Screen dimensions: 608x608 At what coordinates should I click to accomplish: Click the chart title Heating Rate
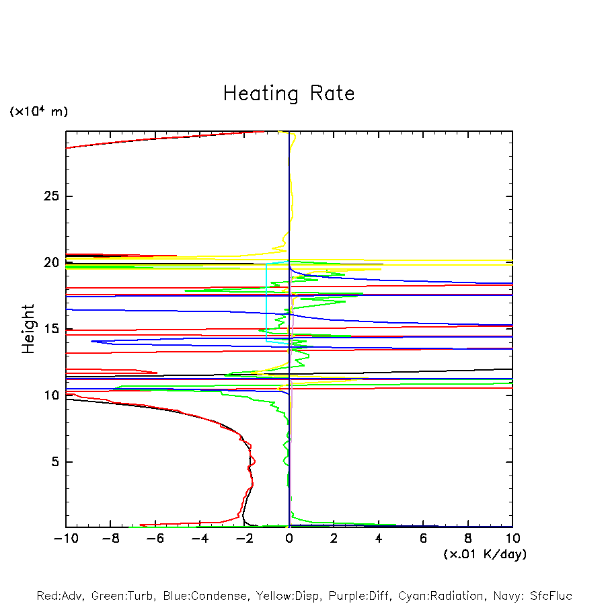pyautogui.click(x=289, y=93)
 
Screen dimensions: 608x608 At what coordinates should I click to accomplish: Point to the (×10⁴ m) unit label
pyautogui.click(x=38, y=112)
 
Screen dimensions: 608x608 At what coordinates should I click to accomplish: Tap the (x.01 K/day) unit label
pyautogui.click(x=485, y=554)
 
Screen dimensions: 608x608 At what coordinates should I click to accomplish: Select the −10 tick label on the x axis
pyautogui.click(x=65, y=539)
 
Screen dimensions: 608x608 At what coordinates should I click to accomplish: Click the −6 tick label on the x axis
pyautogui.click(x=155, y=539)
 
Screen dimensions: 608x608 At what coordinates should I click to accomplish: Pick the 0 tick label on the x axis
pyautogui.click(x=289, y=539)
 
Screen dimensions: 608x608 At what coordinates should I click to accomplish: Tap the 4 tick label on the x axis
pyautogui.click(x=379, y=539)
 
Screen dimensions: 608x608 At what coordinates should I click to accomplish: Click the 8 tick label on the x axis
pyautogui.click(x=468, y=539)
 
